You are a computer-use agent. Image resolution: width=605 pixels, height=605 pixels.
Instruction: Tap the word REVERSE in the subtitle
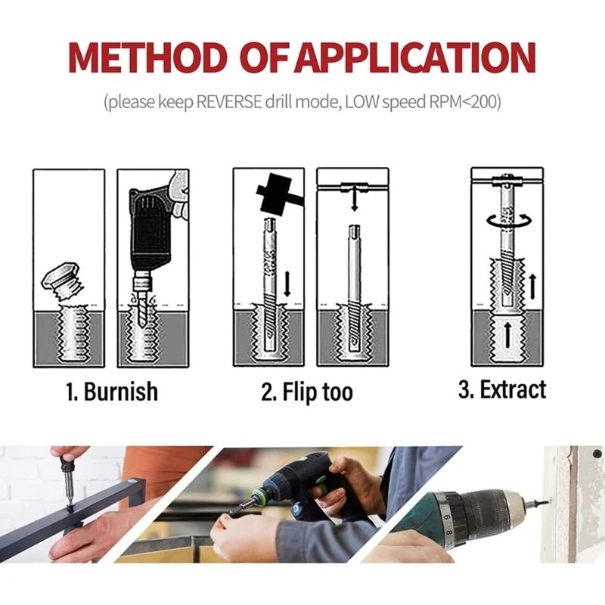point(229,102)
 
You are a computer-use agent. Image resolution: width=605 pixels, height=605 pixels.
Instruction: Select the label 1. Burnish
point(110,392)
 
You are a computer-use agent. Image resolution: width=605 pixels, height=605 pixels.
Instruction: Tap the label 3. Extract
point(502,390)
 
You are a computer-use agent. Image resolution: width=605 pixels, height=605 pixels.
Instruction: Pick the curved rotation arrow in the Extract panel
point(503,220)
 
